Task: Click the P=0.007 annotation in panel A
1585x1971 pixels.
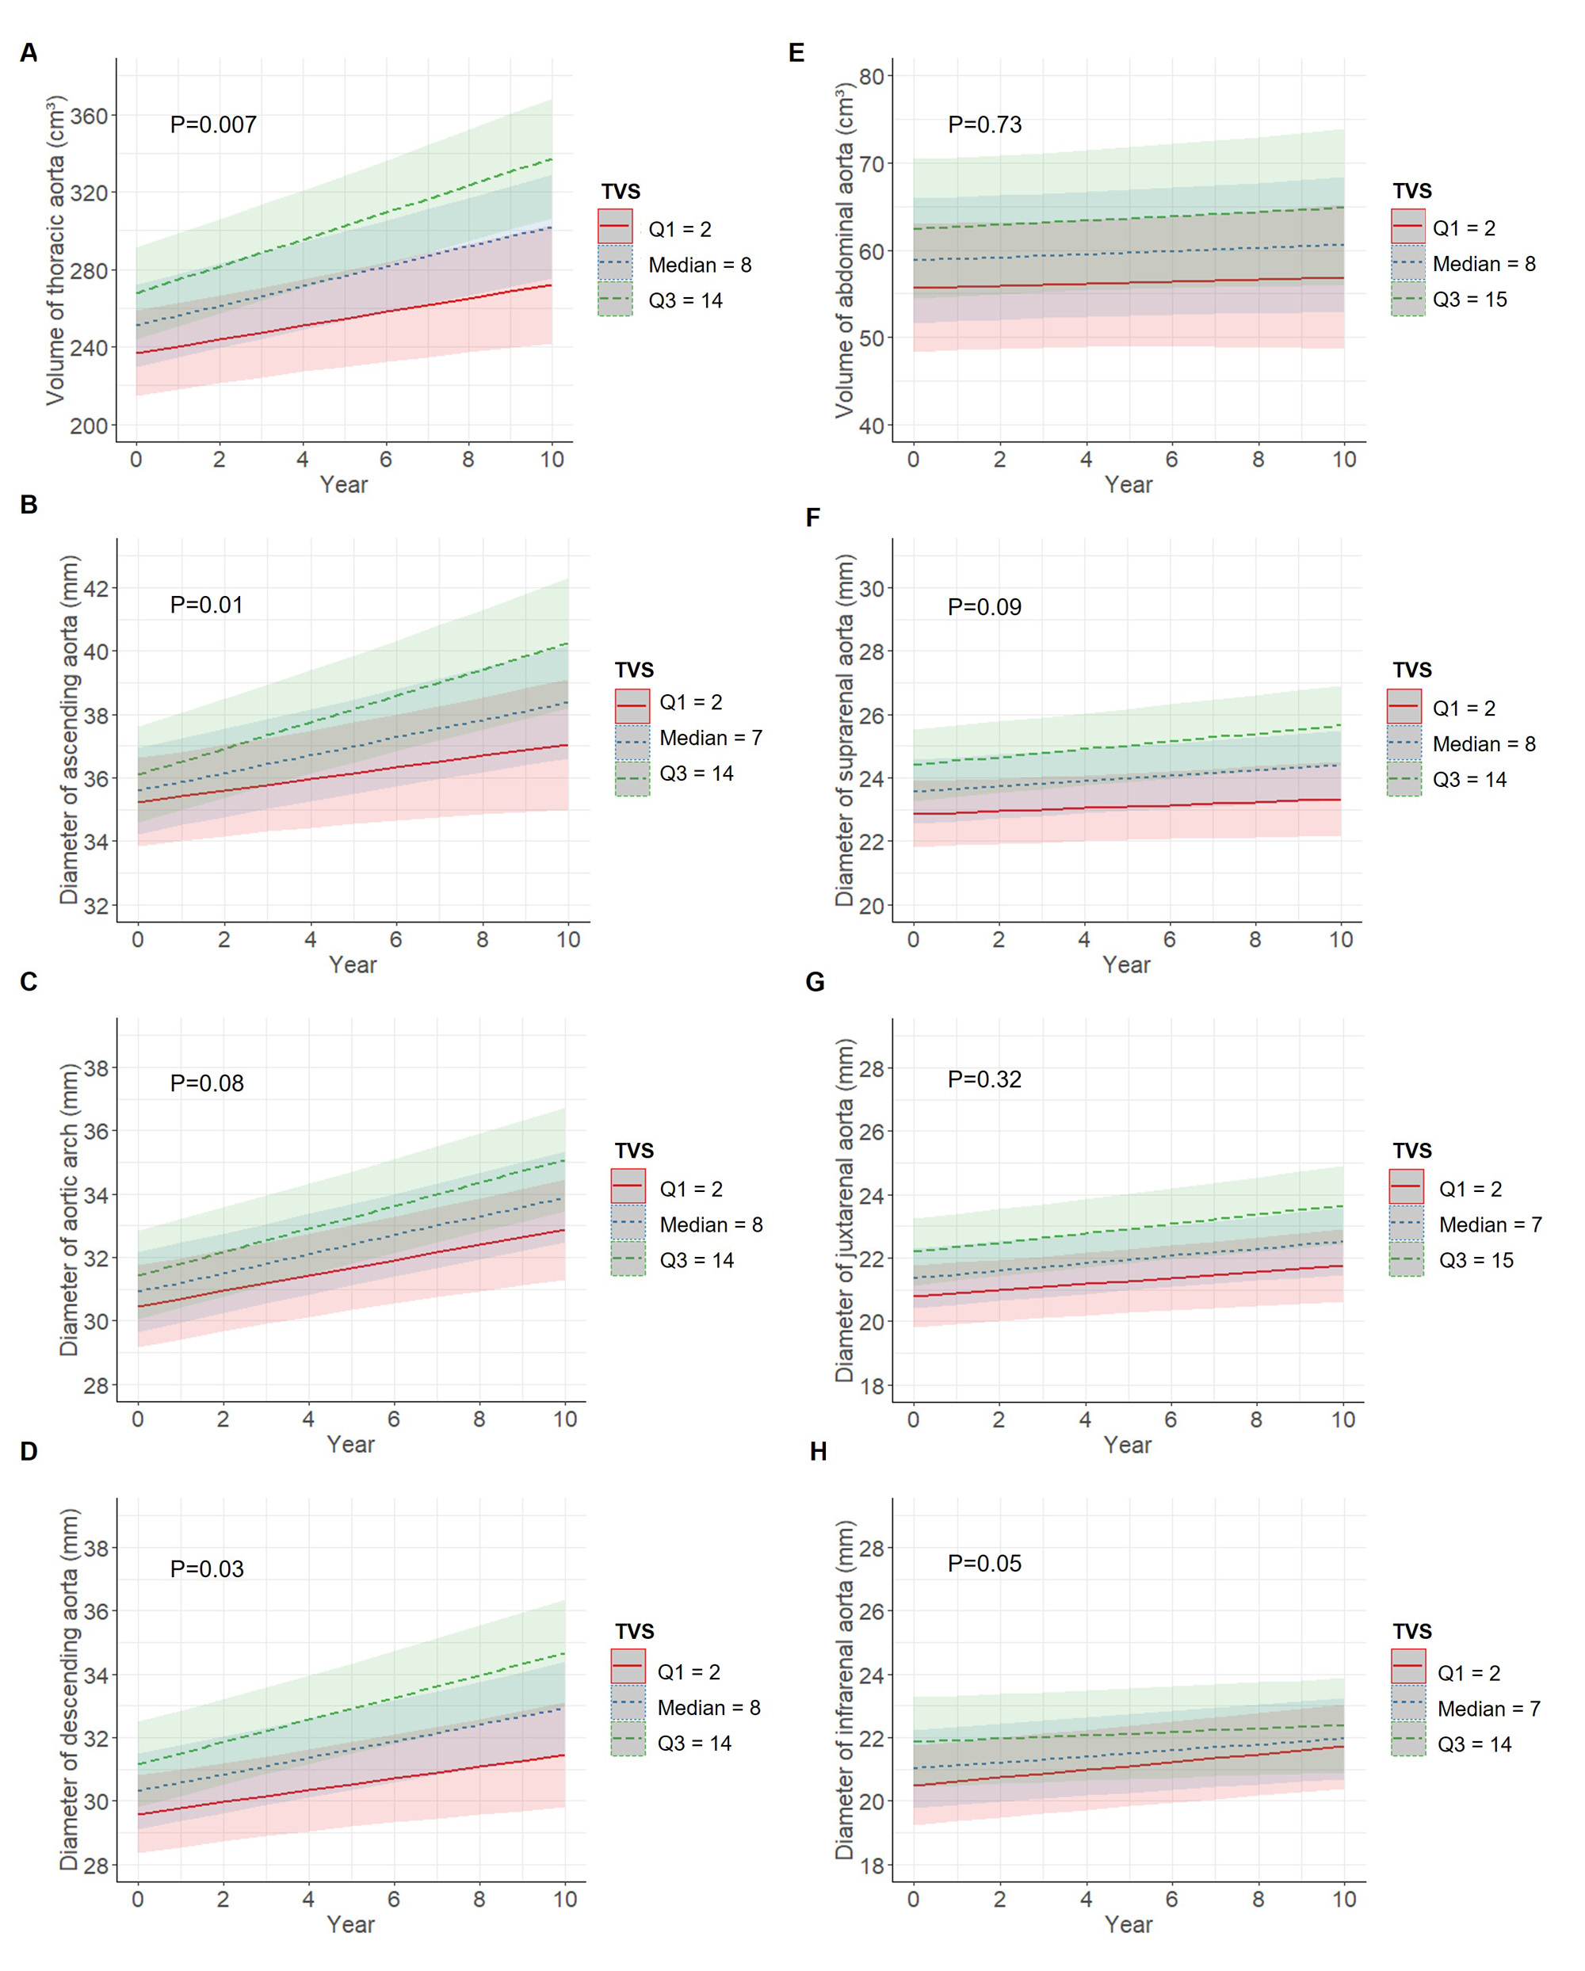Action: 213,124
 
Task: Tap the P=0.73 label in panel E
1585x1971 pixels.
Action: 984,124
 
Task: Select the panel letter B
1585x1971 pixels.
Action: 29,505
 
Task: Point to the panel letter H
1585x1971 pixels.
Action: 818,1452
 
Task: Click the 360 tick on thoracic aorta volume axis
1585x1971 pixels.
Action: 89,116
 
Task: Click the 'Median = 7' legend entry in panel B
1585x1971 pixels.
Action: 710,738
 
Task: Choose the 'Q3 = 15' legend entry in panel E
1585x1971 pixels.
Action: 1469,300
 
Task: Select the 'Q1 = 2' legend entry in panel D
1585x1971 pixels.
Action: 689,1672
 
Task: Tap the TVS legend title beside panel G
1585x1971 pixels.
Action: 1412,1150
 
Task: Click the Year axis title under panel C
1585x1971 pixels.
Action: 351,1445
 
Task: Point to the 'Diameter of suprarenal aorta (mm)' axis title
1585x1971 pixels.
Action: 845,731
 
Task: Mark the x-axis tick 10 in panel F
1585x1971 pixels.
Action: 1341,940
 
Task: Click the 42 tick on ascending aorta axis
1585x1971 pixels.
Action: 96,589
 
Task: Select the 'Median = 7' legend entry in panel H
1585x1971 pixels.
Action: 1488,1709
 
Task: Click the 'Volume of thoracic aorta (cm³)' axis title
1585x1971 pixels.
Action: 55,250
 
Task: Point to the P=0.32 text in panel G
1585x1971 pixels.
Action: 984,1079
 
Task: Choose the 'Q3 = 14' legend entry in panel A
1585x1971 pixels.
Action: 685,301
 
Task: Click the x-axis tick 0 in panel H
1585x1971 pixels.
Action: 913,1900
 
